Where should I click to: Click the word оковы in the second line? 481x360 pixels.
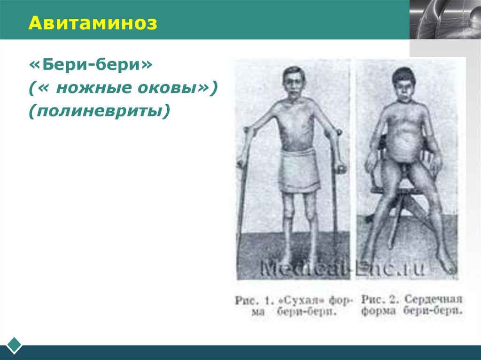point(177,88)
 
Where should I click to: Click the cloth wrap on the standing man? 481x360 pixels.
point(299,169)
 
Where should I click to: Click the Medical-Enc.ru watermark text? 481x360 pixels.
point(343,268)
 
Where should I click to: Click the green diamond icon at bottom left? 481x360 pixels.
point(15,345)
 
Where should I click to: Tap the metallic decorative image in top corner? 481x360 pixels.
point(445,19)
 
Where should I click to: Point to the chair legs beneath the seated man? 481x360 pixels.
point(399,211)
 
